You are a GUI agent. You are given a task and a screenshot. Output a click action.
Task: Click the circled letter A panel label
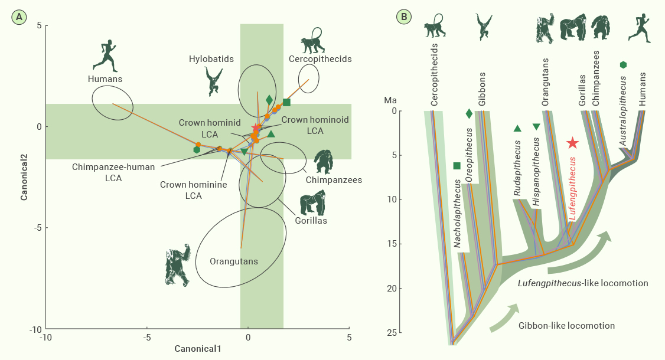tap(19, 17)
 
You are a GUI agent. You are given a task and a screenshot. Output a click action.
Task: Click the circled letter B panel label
tap(404, 17)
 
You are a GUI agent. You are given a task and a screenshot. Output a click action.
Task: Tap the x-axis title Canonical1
tap(198, 349)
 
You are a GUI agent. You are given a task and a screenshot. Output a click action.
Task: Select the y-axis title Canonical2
tap(24, 176)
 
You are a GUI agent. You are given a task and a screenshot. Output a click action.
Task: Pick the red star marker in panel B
tap(572, 143)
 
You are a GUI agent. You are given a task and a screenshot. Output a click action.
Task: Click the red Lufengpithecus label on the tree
tap(572, 188)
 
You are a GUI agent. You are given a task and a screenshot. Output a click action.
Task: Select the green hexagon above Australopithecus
tap(623, 65)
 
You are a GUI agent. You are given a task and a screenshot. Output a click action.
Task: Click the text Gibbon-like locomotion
tap(566, 326)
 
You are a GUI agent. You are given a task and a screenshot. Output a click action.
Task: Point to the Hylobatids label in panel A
tap(211, 59)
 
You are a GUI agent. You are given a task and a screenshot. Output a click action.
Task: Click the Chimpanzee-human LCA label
tap(113, 172)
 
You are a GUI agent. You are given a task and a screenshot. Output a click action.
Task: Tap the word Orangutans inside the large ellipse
tap(234, 261)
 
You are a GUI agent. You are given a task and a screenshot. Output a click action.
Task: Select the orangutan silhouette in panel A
tap(178, 265)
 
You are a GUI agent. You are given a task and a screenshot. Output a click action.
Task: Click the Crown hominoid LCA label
tap(315, 125)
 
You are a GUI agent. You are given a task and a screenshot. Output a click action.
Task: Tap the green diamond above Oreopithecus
tap(469, 113)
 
